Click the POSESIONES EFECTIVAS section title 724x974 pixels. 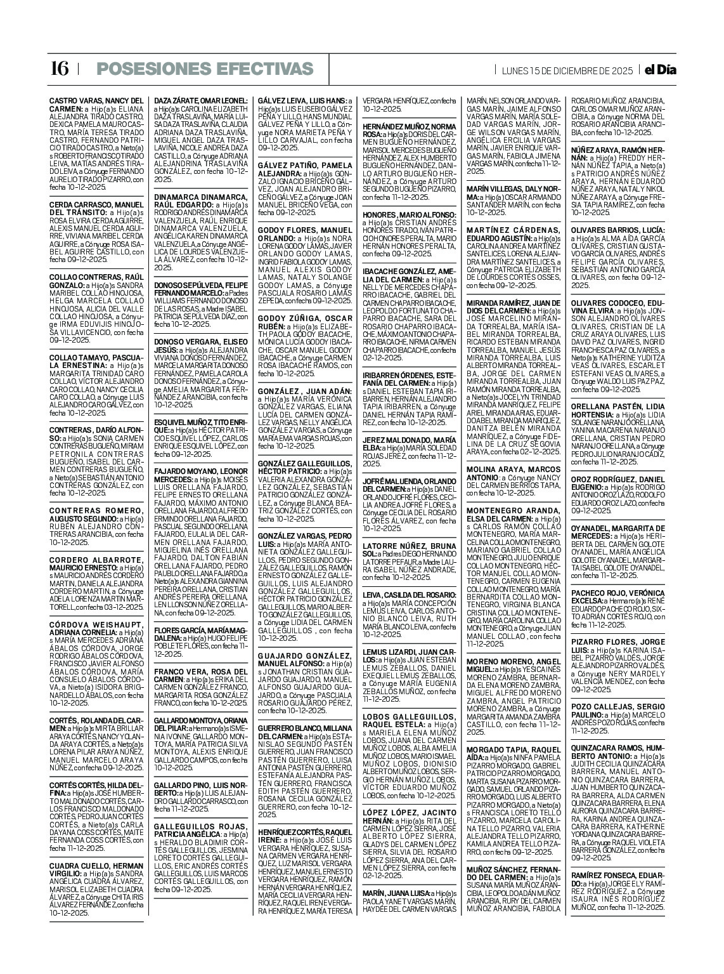[x=205, y=69]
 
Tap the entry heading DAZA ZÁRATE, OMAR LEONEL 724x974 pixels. [x=201, y=101]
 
